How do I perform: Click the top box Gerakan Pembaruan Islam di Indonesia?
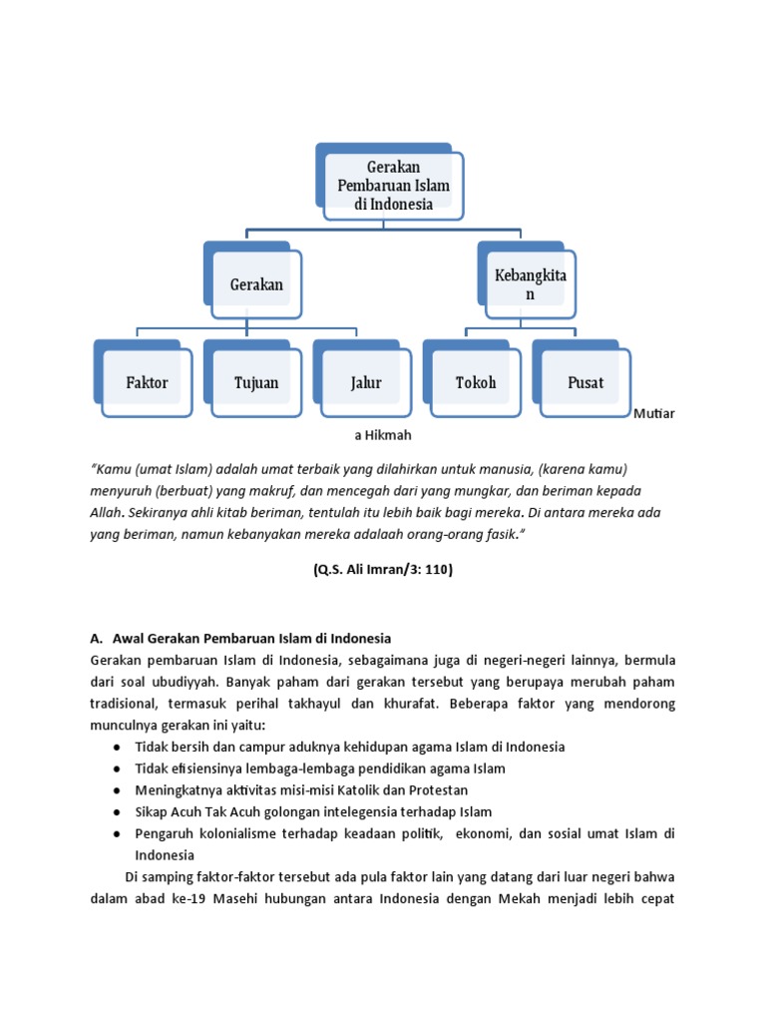tap(393, 186)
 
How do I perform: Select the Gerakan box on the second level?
tap(256, 284)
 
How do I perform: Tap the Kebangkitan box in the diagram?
tap(529, 283)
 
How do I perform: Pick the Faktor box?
tap(147, 382)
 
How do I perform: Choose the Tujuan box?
tap(256, 382)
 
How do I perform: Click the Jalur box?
tap(365, 382)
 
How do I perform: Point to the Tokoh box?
tap(475, 382)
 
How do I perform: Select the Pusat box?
tap(584, 382)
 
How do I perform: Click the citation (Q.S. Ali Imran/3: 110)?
tap(383, 570)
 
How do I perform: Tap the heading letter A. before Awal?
tap(96, 638)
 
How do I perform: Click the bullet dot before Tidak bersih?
tap(118, 747)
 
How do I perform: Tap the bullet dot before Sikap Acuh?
tap(118, 812)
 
